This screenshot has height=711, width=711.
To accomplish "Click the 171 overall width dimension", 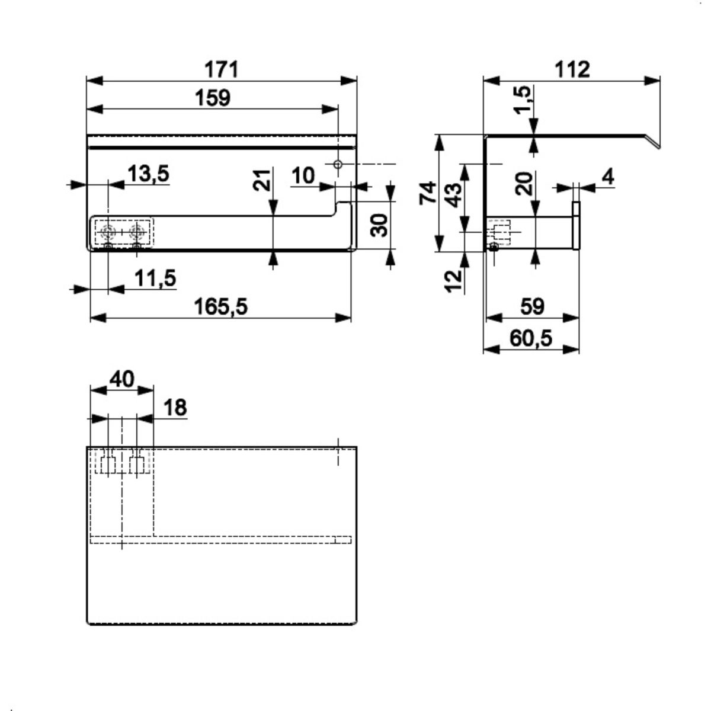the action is [222, 69].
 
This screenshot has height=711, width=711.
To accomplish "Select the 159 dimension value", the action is [213, 98].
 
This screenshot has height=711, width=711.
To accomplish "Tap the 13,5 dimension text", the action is [148, 174].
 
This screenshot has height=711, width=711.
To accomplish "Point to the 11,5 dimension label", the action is [155, 278].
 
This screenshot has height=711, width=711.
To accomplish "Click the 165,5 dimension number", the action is [221, 307].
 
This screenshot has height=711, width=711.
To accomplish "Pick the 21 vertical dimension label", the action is [262, 180].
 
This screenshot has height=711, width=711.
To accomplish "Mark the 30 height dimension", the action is [380, 225].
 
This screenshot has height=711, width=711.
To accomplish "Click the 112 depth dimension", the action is [572, 69].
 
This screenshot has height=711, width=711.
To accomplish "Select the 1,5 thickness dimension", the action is [524, 100].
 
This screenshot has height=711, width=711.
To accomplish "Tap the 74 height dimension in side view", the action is [428, 193].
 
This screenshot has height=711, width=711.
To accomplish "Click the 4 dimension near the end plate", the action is [608, 177].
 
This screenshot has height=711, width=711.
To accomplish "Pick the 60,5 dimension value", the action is [531, 338].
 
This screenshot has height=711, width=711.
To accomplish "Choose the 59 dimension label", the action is [533, 306].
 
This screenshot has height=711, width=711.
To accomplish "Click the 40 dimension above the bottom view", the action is [122, 379].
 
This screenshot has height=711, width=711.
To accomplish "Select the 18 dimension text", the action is [175, 408].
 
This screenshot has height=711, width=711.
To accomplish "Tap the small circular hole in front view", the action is [338, 164].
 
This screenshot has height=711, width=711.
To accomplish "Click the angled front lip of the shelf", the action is [652, 141].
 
